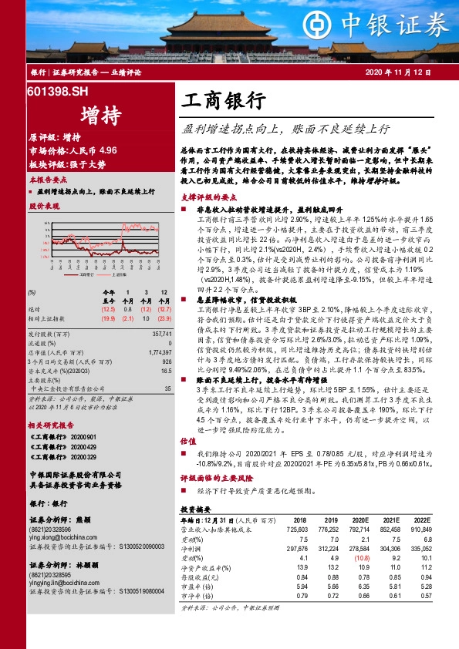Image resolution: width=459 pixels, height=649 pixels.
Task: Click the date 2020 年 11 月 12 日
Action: coord(398,72)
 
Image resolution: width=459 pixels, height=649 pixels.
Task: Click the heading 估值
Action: coord(187,462)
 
